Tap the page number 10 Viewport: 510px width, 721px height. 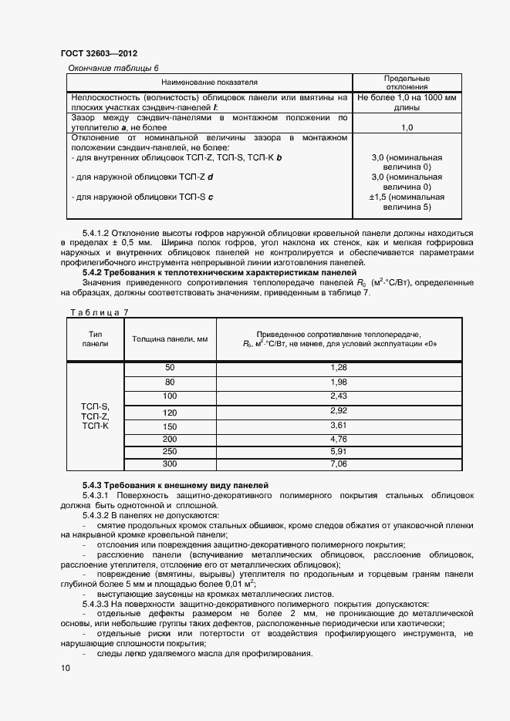click(64, 670)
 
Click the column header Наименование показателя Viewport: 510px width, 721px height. click(209, 82)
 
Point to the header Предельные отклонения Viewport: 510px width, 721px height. click(407, 83)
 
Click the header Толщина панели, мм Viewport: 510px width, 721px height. click(170, 339)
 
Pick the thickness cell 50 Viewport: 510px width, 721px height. click(170, 368)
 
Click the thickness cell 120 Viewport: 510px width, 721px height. click(170, 412)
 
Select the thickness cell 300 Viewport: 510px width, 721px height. click(170, 463)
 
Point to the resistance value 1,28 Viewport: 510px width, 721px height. click(339, 368)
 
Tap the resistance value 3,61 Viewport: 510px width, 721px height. click(339, 426)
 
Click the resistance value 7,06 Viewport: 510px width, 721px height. click(339, 463)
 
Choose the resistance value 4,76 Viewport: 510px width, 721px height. click(339, 439)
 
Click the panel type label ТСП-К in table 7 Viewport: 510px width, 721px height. click(95, 426)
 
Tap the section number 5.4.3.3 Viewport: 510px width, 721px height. click(100, 604)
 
